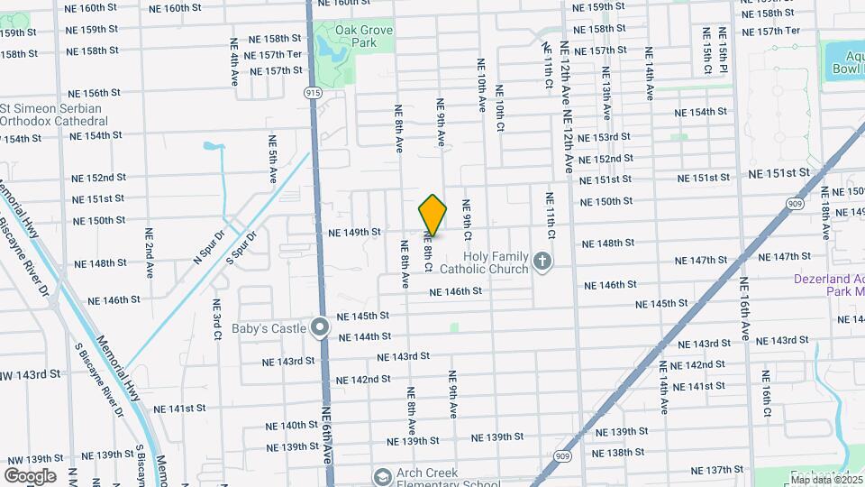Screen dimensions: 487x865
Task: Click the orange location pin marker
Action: [x=432, y=215]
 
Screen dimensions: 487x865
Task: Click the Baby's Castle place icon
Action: [x=319, y=327]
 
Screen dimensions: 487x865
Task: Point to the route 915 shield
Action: [x=312, y=93]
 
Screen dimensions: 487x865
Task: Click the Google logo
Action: [x=30, y=475]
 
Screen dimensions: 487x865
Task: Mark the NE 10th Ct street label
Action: [x=499, y=108]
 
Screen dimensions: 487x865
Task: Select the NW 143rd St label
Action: [x=29, y=373]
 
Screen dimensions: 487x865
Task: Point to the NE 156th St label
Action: [x=95, y=93]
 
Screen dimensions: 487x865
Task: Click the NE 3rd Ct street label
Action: [x=217, y=319]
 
